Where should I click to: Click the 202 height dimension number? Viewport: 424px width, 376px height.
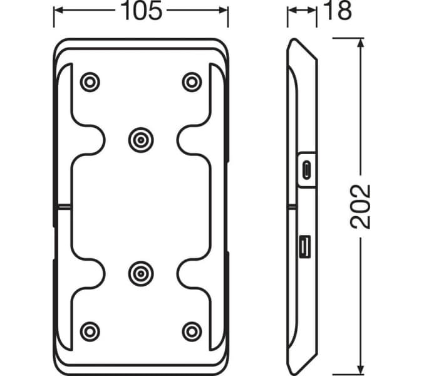tap(361, 206)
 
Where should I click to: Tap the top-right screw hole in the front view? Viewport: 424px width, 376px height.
tap(191, 81)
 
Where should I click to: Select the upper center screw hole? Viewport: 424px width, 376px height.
tap(140, 139)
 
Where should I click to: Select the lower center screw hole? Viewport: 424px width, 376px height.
tap(140, 273)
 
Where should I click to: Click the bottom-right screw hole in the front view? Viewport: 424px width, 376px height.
tap(191, 330)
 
